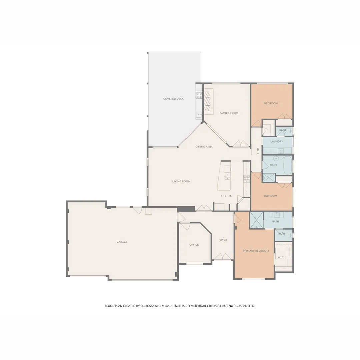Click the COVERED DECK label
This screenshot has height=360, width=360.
point(173,99)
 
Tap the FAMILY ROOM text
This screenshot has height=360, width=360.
point(229,113)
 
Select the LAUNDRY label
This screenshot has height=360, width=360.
point(277,142)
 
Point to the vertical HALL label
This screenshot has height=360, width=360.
point(257,151)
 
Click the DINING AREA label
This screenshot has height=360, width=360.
point(204,147)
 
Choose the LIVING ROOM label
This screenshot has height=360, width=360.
point(181,182)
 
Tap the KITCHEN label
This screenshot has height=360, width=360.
point(226,196)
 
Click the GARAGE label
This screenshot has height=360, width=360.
point(122,242)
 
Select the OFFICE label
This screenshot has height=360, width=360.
point(194,245)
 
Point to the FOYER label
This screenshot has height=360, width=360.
point(223,240)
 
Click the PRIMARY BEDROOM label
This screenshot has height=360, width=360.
point(256,251)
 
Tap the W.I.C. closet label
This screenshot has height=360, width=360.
point(281,257)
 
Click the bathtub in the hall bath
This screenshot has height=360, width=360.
point(287,166)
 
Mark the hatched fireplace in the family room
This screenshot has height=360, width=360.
point(208,101)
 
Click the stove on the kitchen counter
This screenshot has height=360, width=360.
point(246,179)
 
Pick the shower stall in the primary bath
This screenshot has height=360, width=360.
point(257,220)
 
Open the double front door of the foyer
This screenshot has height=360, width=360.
point(223,257)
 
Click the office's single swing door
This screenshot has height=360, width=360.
point(185,226)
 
